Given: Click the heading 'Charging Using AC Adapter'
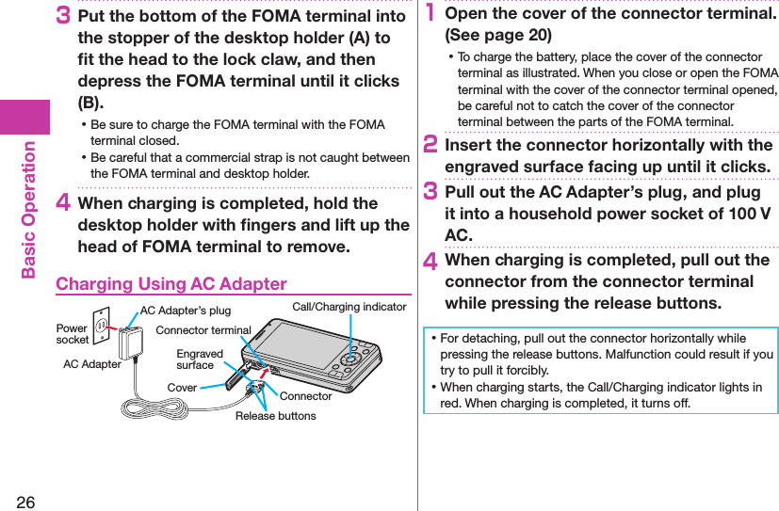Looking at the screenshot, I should point(171,283).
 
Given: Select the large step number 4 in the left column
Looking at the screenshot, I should point(64,203).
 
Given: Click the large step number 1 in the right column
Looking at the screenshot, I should point(430,14).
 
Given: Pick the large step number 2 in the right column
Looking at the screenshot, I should point(431,146).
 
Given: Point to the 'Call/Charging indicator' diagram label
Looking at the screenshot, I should point(349,307).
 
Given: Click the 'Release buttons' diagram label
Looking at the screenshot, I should point(276,416).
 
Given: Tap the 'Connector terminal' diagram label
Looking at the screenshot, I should point(203,330).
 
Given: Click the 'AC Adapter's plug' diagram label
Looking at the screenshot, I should point(185,311).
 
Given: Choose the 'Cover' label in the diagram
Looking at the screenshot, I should point(182,388).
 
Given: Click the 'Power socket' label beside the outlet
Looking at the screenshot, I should point(72,334).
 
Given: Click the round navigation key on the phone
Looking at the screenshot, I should point(350,359).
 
